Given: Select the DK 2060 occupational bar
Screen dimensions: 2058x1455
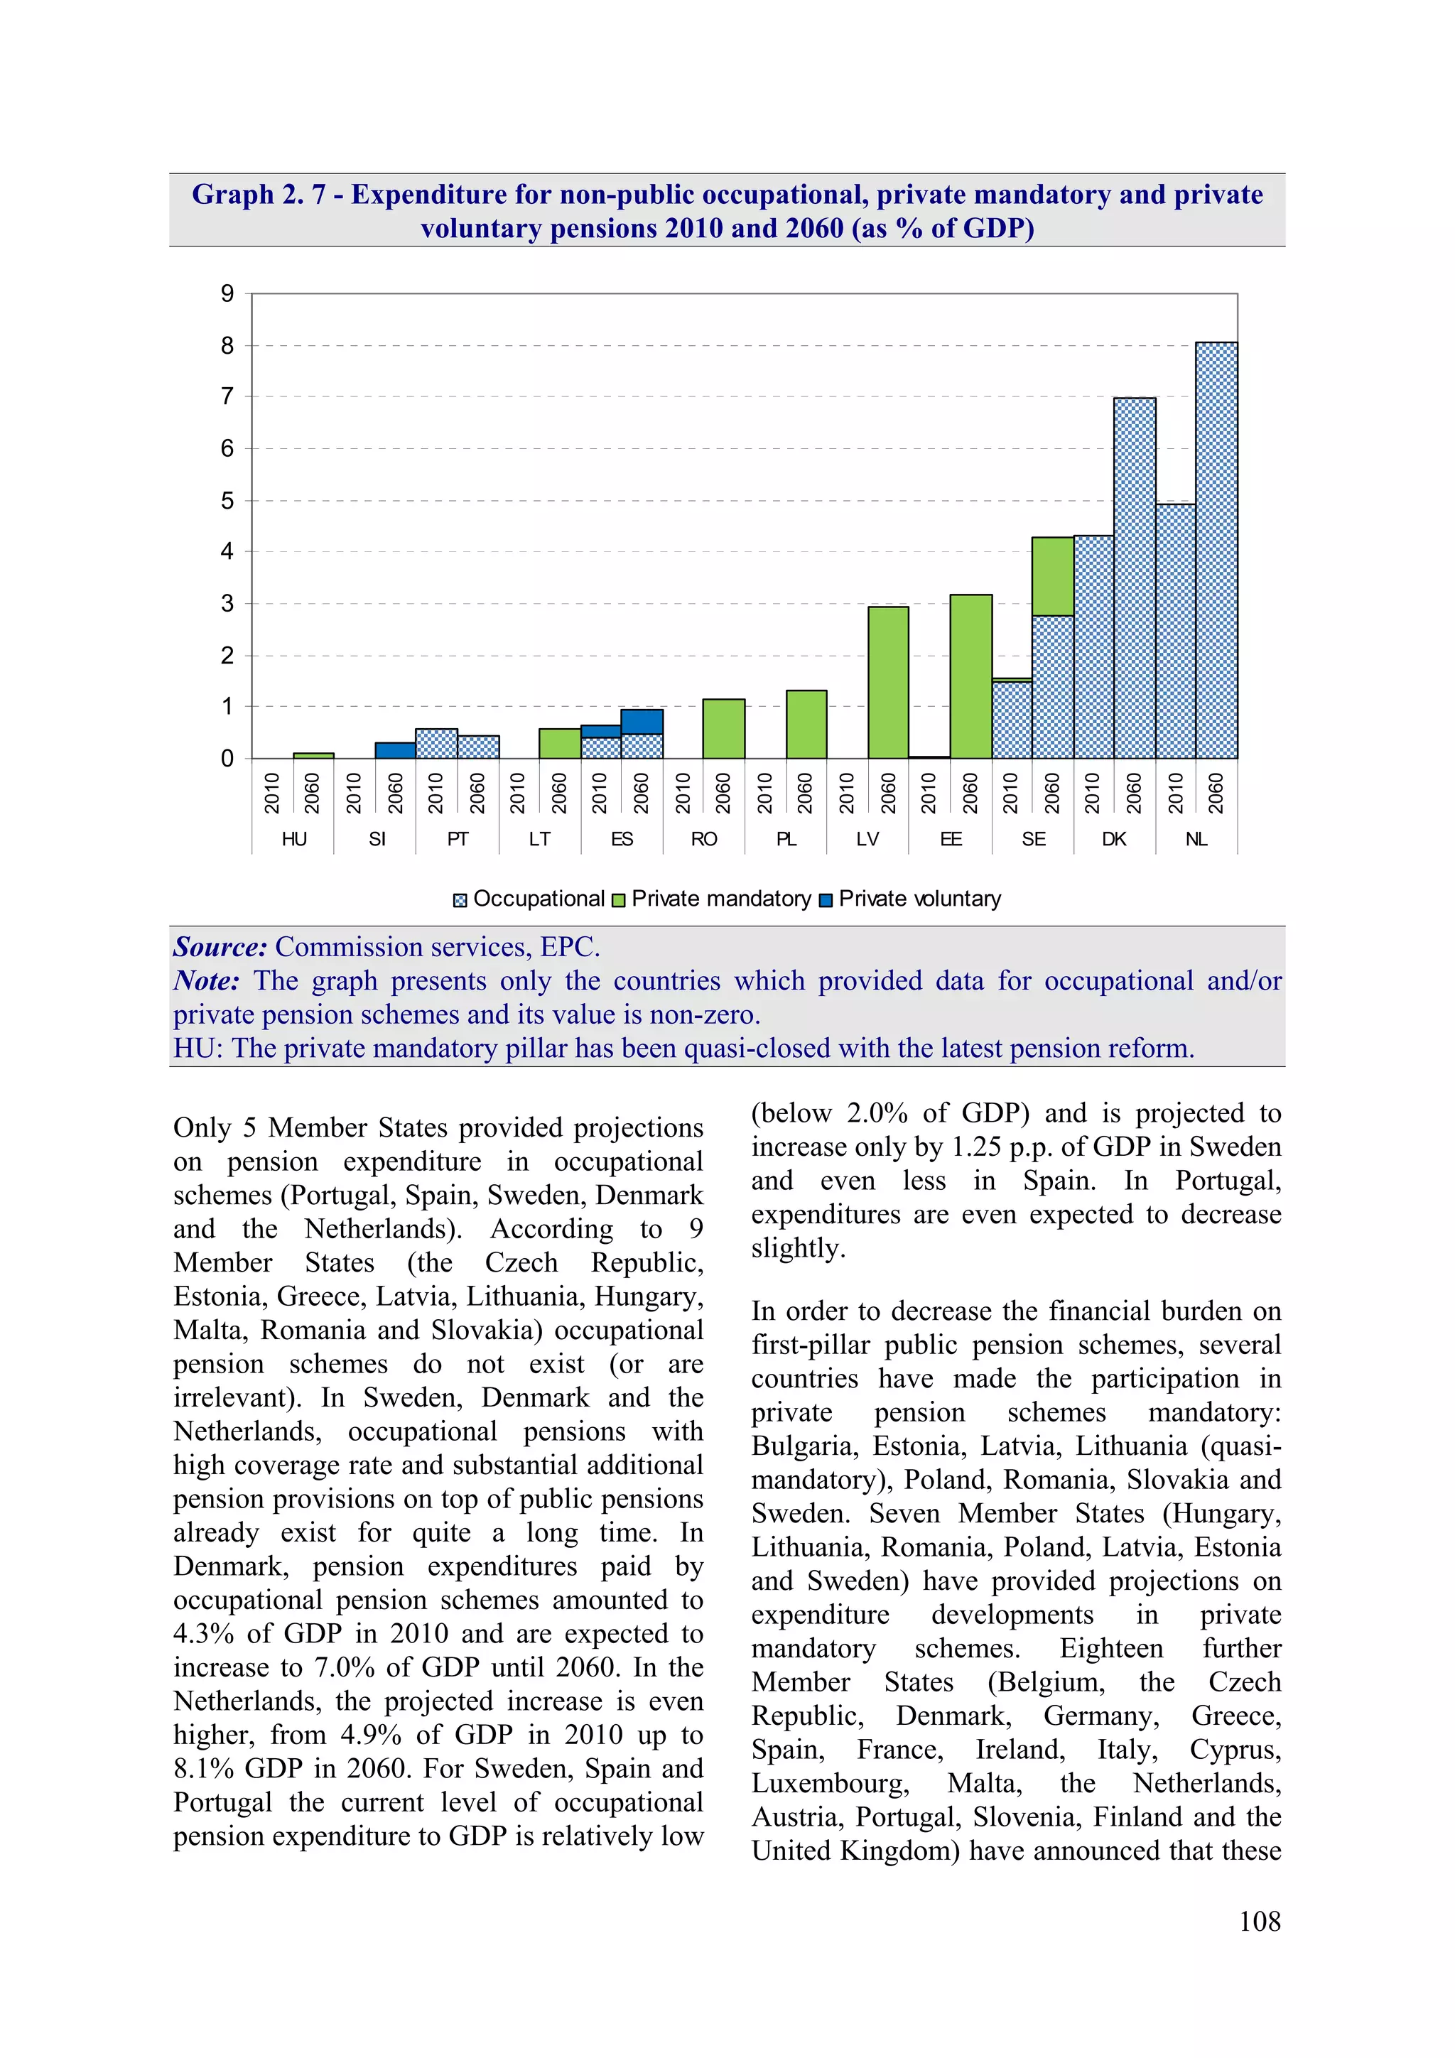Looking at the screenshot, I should pyautogui.click(x=1134, y=578).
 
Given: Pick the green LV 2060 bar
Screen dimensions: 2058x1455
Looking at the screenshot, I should pyautogui.click(x=887, y=682).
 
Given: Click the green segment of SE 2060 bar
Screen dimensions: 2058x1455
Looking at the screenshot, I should pyautogui.click(x=1052, y=576).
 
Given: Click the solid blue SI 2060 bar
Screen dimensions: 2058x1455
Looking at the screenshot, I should pyautogui.click(x=394, y=750).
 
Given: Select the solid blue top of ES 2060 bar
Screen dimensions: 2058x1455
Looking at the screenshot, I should pyautogui.click(x=641, y=722).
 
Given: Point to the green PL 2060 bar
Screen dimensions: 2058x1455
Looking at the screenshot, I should pyautogui.click(x=805, y=725).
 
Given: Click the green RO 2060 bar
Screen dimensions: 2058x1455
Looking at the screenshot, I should pyautogui.click(x=723, y=729).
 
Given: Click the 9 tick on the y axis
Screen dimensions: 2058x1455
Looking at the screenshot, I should pyautogui.click(x=227, y=294).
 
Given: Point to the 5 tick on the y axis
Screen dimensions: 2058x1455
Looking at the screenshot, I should pyautogui.click(x=227, y=500).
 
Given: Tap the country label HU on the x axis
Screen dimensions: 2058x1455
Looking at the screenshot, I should pyautogui.click(x=293, y=839).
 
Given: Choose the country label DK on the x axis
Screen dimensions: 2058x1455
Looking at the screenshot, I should pyautogui.click(x=1113, y=839).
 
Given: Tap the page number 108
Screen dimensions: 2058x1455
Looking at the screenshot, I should pyautogui.click(x=1259, y=1921).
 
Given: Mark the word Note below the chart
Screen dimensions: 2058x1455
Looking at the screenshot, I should pyautogui.click(x=206, y=980).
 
